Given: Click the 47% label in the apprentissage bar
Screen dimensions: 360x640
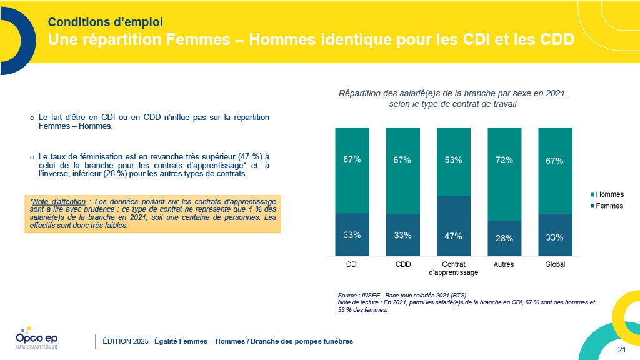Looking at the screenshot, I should (453, 236).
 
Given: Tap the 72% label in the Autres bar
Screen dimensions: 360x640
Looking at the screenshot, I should (504, 160).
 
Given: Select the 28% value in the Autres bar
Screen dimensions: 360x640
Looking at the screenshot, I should (504, 238).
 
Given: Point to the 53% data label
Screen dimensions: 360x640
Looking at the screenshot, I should (453, 160).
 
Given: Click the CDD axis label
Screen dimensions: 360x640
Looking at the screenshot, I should (403, 264).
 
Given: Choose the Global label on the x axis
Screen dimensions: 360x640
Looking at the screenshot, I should (555, 264).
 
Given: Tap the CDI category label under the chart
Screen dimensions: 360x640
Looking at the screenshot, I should (352, 264).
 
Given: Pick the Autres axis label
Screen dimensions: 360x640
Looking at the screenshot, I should (504, 264).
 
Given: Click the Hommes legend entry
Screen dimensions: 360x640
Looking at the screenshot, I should (610, 194).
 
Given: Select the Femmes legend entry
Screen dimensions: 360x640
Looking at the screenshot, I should (610, 206).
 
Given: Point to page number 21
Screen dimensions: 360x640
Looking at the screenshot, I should (621, 349).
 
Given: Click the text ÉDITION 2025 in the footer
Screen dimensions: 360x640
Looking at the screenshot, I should (126, 341).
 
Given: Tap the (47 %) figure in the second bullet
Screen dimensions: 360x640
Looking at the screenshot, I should (245, 156).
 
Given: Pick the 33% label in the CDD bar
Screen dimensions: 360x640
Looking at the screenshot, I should (403, 236).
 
